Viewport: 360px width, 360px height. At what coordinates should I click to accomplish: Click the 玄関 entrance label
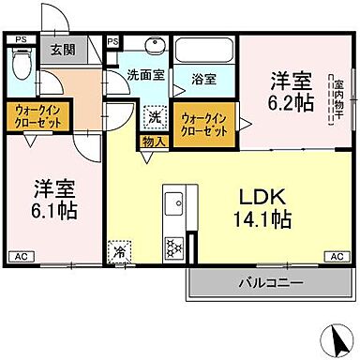[x=63, y=50]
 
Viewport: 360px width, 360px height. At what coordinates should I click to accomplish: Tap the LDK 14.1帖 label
[x=255, y=209]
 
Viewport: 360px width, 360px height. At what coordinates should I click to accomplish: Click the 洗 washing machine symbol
[x=154, y=119]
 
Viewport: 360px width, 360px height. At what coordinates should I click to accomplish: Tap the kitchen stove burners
[x=173, y=247]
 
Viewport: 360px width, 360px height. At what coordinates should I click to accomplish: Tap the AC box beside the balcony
[x=333, y=256]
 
